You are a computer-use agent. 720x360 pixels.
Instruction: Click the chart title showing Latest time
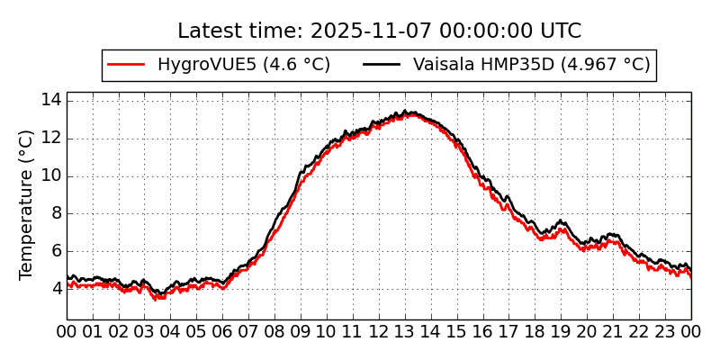coord(379,31)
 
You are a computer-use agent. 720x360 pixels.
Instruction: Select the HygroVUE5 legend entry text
coord(243,65)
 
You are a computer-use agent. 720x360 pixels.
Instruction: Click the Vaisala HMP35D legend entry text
coord(531,65)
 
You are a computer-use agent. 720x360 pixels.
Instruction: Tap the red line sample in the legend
coord(126,65)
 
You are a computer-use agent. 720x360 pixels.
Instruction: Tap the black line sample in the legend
coord(382,65)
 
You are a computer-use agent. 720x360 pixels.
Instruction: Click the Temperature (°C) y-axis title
coord(26,204)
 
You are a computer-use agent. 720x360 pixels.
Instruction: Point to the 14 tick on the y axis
coord(50,100)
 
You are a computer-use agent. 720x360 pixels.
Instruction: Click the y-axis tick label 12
coord(50,138)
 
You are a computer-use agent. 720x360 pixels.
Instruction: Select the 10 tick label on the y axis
coord(50,175)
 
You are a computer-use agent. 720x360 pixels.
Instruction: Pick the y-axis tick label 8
coord(55,213)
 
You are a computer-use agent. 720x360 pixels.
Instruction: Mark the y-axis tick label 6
coord(55,251)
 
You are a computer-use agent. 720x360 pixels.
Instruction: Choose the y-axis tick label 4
coord(55,289)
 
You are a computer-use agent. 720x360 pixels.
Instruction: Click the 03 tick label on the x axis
coord(145,332)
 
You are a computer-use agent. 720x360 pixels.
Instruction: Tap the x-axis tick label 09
coord(301,332)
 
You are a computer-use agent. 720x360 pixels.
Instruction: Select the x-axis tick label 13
coord(405,332)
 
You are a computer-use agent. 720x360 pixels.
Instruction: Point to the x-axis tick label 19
coord(562,332)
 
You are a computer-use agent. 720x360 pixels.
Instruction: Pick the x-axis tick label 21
coord(614,332)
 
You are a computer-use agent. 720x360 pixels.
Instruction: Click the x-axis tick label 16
coord(483,332)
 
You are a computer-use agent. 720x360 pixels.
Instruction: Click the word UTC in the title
coord(560,31)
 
